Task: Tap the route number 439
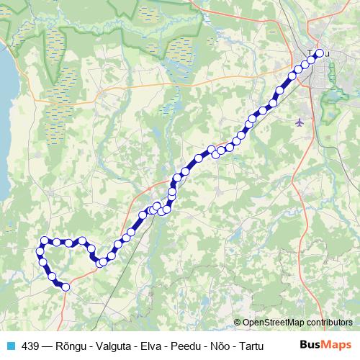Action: [30, 346]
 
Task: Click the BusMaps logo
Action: [326, 345]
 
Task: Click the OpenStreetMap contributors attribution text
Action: [297, 322]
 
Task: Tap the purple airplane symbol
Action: [300, 122]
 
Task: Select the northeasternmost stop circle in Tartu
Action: [320, 53]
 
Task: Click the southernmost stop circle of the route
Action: [66, 287]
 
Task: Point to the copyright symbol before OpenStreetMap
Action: [238, 322]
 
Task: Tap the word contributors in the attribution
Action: [328, 322]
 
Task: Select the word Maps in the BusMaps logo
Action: [337, 345]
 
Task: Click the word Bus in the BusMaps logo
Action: [310, 345]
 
